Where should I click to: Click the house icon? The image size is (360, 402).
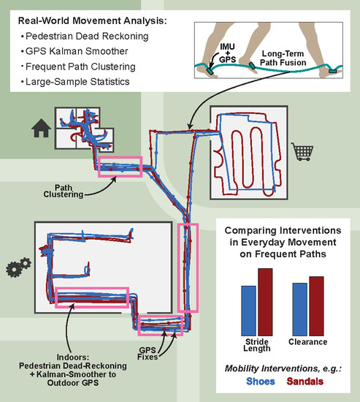(41, 128)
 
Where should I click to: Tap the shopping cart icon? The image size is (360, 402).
(302, 151)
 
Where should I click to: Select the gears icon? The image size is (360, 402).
(18, 267)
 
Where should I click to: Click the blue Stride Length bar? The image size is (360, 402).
(248, 311)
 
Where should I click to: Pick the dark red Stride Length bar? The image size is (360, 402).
(265, 302)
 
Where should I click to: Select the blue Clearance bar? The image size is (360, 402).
(300, 309)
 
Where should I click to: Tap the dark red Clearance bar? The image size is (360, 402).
(316, 306)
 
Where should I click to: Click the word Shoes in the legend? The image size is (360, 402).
(261, 382)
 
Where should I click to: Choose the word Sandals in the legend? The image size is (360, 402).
(305, 382)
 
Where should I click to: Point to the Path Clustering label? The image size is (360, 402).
(64, 191)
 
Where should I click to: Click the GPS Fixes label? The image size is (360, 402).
(148, 354)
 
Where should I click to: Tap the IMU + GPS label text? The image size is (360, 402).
(227, 53)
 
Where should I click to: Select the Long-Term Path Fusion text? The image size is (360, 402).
(283, 58)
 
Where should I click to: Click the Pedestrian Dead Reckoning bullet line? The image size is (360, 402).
(85, 36)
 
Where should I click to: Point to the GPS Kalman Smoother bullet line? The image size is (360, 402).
(74, 51)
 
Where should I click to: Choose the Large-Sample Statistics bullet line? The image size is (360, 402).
(75, 82)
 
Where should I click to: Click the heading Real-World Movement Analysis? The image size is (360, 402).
(93, 20)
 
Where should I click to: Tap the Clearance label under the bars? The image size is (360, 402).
(307, 342)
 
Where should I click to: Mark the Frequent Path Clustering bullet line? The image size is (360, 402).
(78, 67)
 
